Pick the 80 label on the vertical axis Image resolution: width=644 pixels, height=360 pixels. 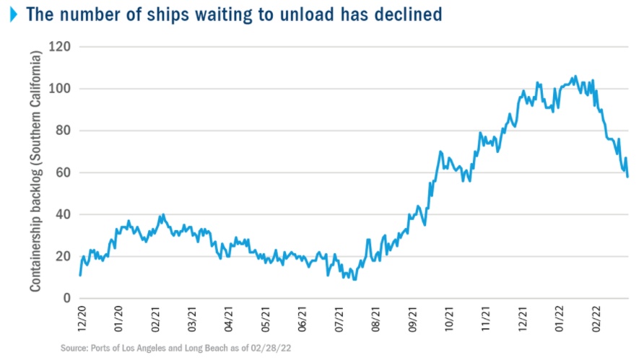[61, 131]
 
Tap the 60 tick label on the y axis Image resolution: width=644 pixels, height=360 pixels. [61, 172]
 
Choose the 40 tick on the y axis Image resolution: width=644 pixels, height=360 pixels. [61, 214]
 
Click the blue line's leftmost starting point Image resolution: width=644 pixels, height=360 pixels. [80, 275]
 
